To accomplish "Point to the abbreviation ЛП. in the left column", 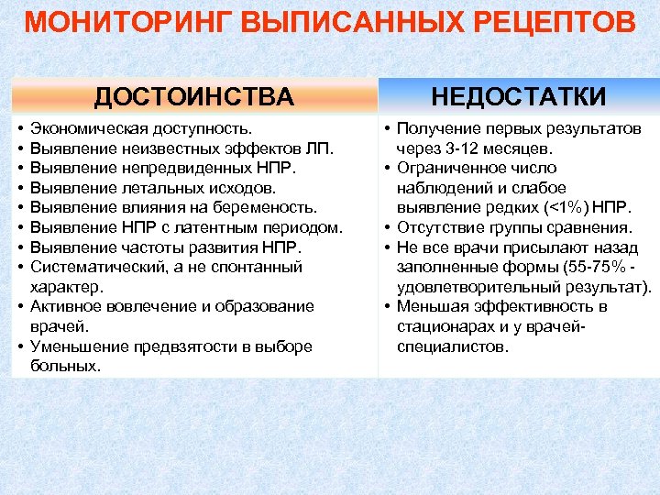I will [x=323, y=148].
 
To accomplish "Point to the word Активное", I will [x=62, y=306].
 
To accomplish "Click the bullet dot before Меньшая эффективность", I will [x=389, y=306].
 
